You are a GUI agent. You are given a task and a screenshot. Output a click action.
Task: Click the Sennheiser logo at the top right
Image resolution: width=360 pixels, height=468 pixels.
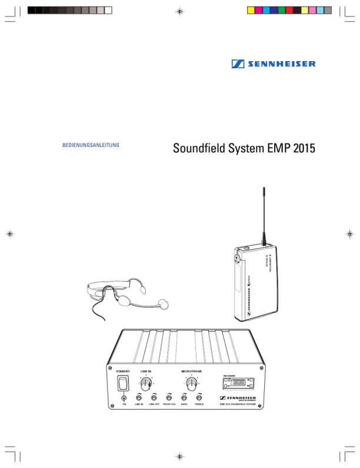pos(273,64)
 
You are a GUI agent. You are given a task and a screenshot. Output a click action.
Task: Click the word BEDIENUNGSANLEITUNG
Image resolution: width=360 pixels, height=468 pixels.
pos(91,144)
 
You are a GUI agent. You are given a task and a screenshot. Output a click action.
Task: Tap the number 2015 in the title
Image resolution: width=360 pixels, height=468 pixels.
pos(303,148)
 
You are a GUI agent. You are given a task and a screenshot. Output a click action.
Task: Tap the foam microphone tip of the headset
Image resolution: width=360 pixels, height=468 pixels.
pos(163,304)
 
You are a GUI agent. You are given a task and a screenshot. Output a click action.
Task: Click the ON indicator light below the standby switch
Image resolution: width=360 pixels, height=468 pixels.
pos(124,397)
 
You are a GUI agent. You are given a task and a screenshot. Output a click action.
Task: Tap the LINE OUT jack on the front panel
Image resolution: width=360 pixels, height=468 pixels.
pos(154,397)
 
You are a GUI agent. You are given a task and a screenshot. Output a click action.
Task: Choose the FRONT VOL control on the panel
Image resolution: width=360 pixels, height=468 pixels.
pos(169,397)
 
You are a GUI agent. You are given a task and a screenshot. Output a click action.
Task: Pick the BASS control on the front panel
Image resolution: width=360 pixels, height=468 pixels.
pos(184,397)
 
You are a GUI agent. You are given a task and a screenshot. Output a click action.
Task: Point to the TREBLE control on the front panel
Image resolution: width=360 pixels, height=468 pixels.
pos(199,397)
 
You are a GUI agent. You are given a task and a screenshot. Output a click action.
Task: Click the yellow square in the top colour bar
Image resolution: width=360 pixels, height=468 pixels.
pos(250,10)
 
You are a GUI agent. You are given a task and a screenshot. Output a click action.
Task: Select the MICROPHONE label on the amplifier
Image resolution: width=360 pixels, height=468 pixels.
pos(191,372)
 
